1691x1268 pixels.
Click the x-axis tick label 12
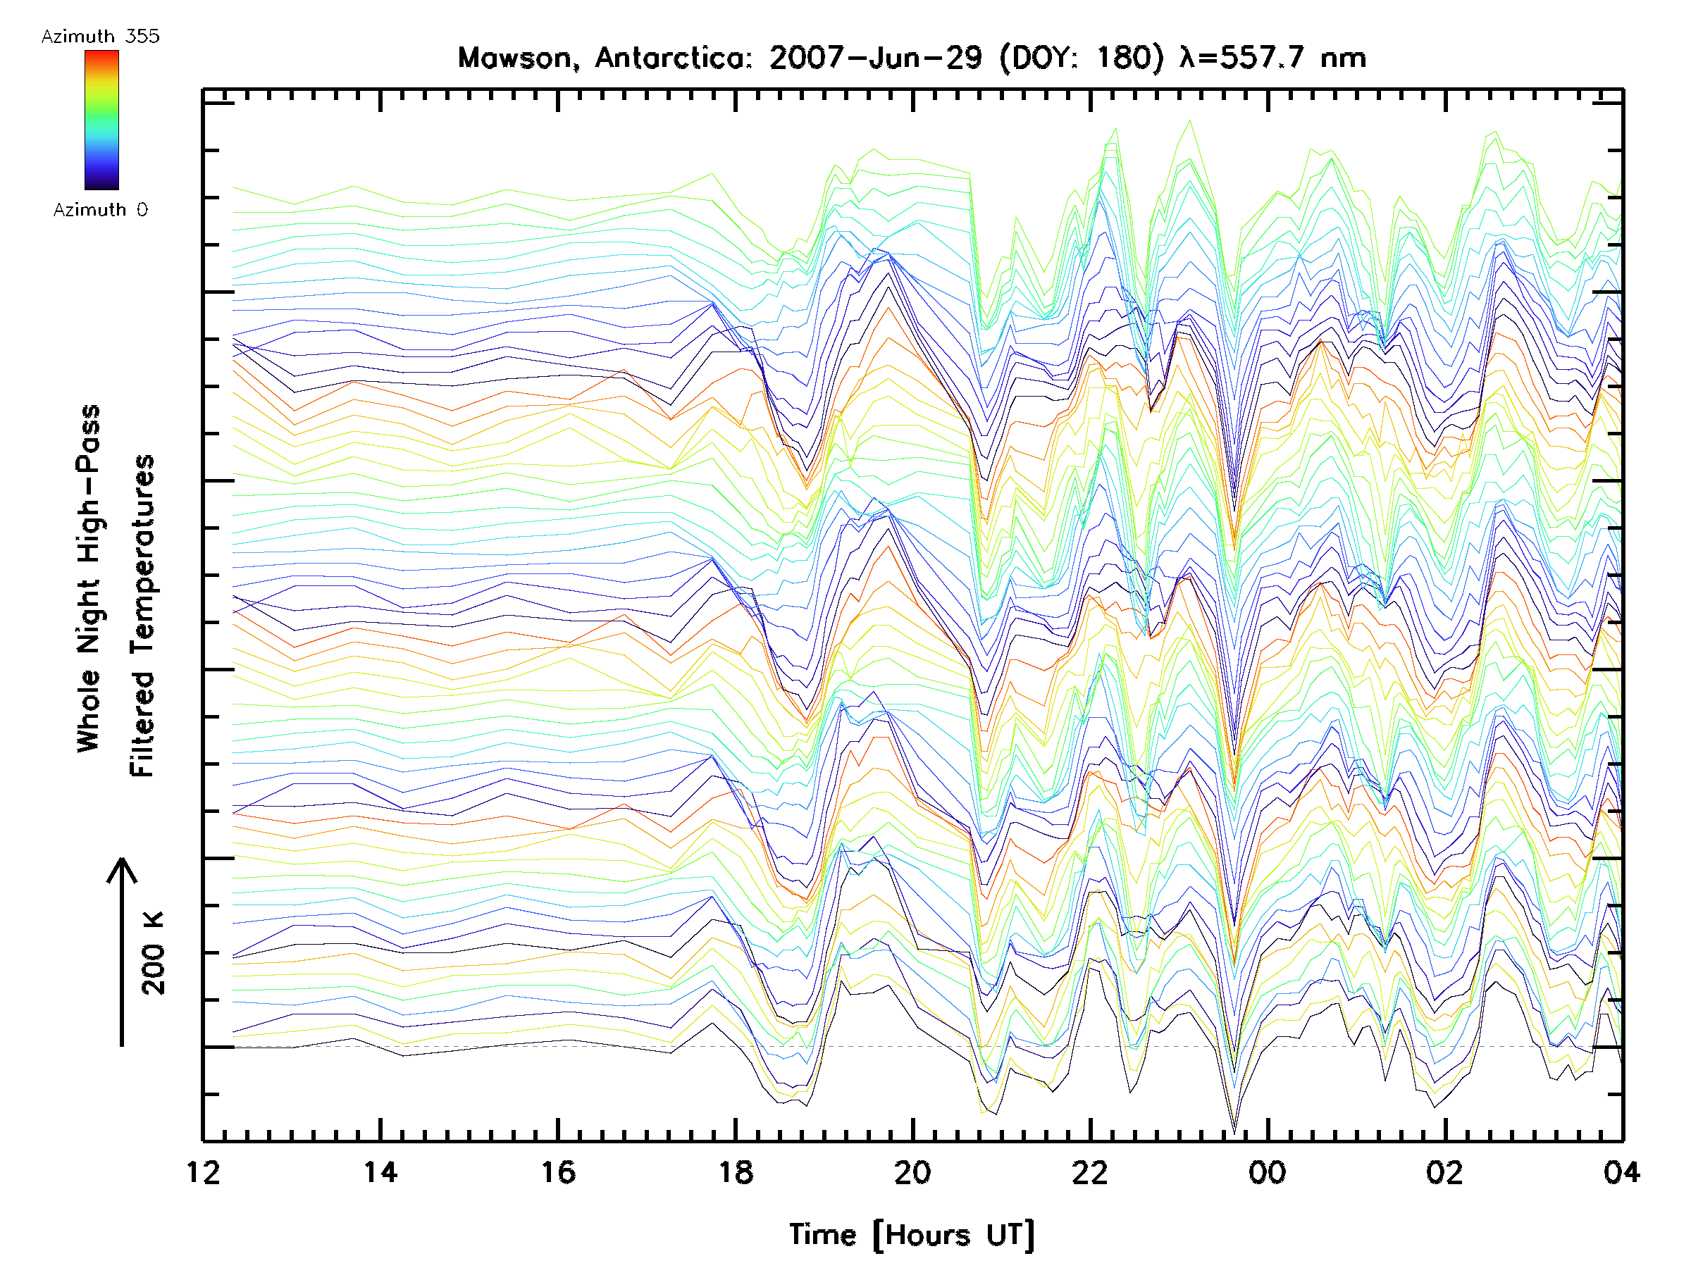click(x=203, y=1171)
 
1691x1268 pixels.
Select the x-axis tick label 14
click(x=380, y=1171)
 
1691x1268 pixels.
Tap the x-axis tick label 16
click(x=558, y=1171)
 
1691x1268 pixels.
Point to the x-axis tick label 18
click(x=736, y=1171)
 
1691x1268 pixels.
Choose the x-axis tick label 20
click(x=912, y=1171)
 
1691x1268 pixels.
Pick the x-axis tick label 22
click(x=1089, y=1171)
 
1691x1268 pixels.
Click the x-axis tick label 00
click(x=1268, y=1171)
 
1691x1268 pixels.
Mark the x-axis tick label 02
click(x=1445, y=1171)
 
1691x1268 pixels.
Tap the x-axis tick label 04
click(x=1621, y=1171)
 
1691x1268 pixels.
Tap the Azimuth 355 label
click(x=100, y=37)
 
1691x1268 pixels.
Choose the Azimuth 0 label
click(x=100, y=210)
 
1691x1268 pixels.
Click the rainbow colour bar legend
click(x=101, y=120)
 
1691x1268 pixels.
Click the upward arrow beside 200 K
click(x=122, y=952)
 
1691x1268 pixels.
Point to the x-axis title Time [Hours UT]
click(x=912, y=1234)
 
